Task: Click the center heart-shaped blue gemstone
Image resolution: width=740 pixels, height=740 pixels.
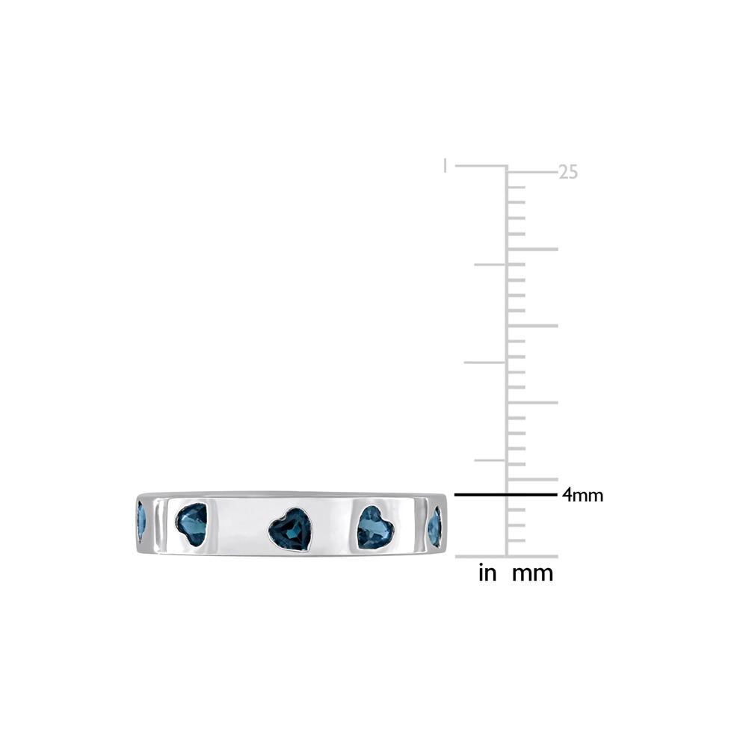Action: click(291, 529)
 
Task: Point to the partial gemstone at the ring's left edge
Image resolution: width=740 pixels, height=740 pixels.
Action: click(141, 522)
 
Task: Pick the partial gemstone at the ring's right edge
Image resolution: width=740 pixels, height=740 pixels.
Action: click(435, 527)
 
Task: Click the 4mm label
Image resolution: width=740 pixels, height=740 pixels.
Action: click(582, 495)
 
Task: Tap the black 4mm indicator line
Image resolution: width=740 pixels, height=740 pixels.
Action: click(505, 495)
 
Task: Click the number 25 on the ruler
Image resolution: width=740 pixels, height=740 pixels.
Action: click(568, 172)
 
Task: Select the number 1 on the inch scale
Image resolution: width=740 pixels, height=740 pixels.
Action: click(445, 166)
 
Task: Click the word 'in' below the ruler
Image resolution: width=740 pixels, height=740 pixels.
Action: click(487, 573)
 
